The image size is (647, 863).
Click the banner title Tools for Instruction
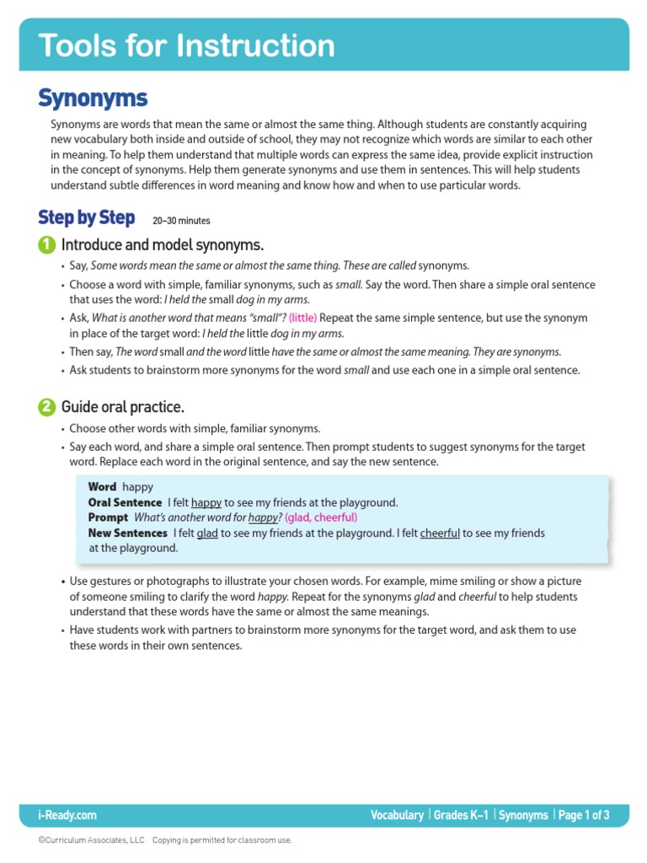186,46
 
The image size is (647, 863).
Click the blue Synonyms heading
93,99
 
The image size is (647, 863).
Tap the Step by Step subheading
86,218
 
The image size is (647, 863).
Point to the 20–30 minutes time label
181,221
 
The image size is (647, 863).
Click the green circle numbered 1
46,245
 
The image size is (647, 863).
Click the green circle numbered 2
46,407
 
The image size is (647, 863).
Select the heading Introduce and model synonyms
163,245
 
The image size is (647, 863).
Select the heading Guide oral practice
123,407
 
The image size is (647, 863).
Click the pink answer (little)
302,319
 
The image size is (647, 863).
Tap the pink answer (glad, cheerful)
321,517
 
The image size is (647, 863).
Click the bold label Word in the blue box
102,487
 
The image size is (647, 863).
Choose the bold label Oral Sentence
125,502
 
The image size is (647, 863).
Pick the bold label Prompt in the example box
108,517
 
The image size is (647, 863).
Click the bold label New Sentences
127,533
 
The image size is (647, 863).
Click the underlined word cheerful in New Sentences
440,533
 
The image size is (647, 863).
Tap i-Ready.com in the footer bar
67,815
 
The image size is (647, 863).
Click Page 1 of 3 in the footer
583,815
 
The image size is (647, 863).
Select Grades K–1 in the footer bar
461,815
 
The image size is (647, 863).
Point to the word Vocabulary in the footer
397,815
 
